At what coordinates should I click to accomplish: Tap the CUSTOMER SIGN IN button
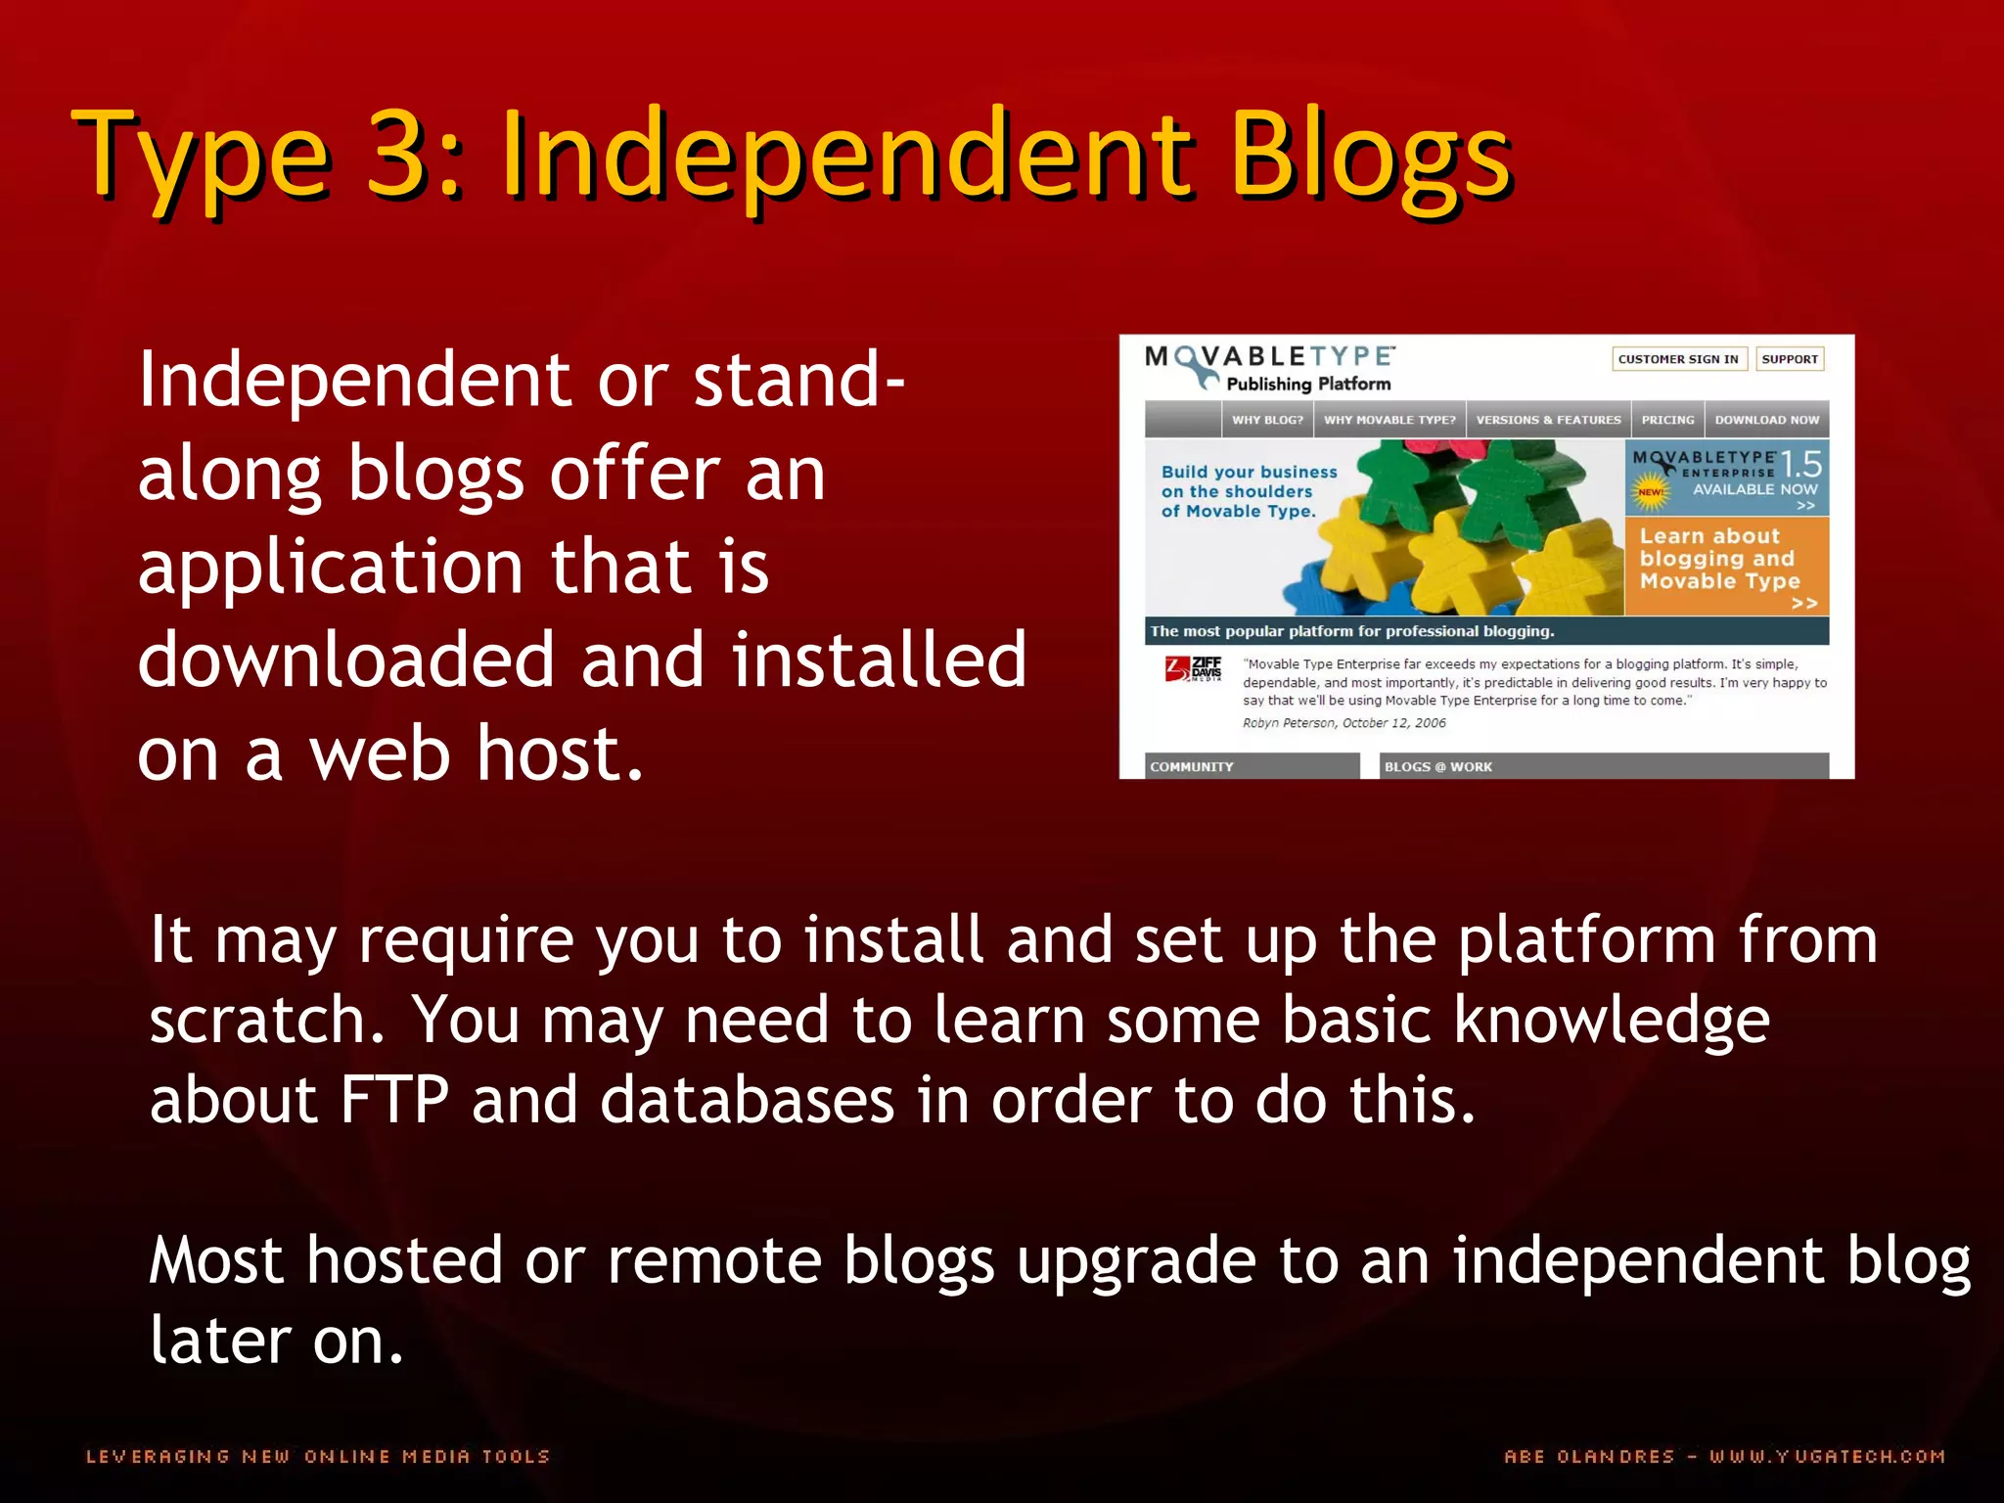pos(1678,359)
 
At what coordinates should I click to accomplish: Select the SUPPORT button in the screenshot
pos(1790,359)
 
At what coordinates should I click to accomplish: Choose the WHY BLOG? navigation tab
pos(1267,420)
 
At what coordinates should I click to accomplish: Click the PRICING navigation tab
pos(1667,420)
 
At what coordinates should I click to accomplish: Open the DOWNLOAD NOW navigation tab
pos(1766,420)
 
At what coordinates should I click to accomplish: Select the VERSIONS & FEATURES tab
pos(1548,420)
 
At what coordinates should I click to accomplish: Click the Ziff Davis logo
pos(1194,669)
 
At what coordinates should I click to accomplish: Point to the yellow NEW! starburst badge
pos(1651,492)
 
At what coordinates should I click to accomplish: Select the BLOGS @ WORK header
pos(1438,766)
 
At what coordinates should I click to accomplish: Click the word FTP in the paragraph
pos(394,1100)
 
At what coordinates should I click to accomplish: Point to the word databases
pos(747,1100)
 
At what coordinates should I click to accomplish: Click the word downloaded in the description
pos(346,660)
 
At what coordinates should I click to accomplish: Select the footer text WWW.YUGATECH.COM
pos(1826,1456)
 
